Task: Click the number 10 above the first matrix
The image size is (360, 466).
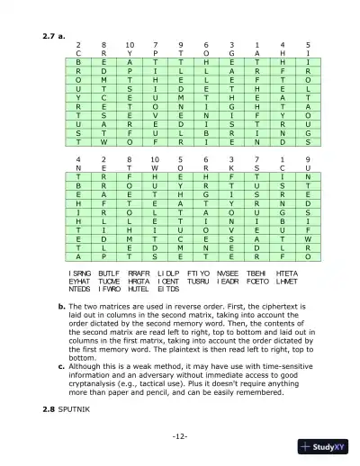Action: click(130, 43)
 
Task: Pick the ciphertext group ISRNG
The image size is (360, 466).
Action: click(80, 246)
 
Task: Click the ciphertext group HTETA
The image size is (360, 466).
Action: click(287, 246)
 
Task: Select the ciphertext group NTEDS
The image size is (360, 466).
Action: click(80, 264)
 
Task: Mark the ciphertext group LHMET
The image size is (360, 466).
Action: click(287, 255)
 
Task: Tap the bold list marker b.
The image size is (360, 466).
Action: click(59, 282)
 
